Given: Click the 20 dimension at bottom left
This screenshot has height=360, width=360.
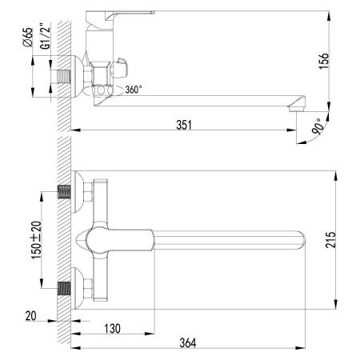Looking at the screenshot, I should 30,315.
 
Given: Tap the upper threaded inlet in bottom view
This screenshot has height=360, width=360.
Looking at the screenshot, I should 63,193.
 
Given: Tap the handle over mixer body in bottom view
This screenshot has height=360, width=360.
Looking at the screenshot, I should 120,238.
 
